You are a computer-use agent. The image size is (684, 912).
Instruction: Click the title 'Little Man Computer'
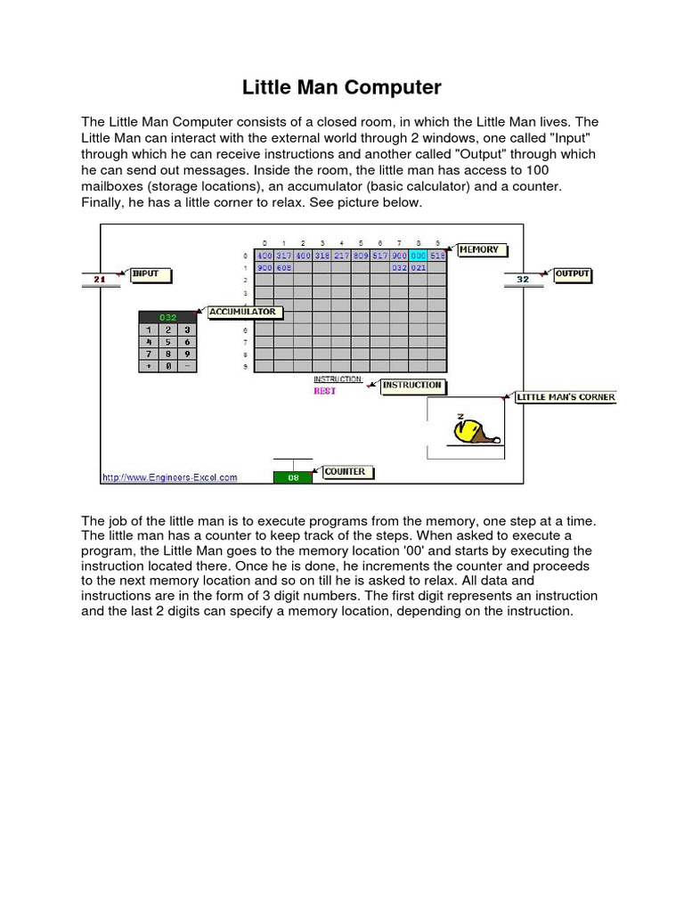[342, 87]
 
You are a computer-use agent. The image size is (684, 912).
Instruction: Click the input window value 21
[100, 280]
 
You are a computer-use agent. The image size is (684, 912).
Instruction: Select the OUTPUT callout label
[573, 274]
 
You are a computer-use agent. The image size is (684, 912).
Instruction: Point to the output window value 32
[523, 280]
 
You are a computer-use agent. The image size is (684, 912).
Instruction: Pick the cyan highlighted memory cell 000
[419, 255]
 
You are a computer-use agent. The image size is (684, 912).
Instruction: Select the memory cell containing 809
[361, 255]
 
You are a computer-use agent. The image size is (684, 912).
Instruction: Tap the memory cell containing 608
[283, 266]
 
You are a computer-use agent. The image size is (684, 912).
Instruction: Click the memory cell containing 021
[419, 266]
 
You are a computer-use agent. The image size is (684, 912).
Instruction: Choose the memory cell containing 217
[341, 255]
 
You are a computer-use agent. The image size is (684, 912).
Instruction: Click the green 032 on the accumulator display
[168, 317]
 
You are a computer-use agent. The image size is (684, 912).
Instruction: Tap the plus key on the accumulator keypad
[149, 365]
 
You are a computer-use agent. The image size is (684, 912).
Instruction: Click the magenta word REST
[324, 391]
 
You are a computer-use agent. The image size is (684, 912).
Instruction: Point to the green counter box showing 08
[293, 477]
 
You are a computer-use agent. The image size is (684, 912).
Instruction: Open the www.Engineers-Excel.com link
[170, 477]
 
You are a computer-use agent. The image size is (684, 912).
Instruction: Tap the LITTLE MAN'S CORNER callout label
[566, 397]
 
